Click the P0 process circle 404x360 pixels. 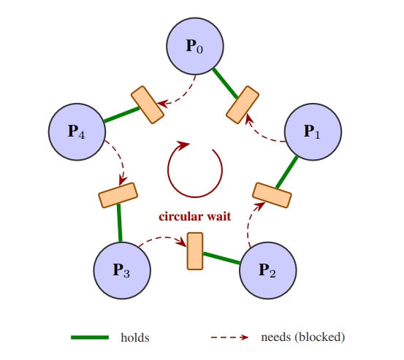(194, 47)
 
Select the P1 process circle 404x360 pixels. (313, 132)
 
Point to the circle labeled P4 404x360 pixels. (77, 132)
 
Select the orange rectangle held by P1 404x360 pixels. (272, 194)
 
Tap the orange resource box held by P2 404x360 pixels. (195, 250)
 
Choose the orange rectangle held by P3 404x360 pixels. (118, 195)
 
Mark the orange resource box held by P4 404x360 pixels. (148, 104)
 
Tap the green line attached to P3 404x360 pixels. (119, 223)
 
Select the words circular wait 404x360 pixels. (195, 216)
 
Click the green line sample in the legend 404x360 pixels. (90, 337)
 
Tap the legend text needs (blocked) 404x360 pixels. (302, 337)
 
